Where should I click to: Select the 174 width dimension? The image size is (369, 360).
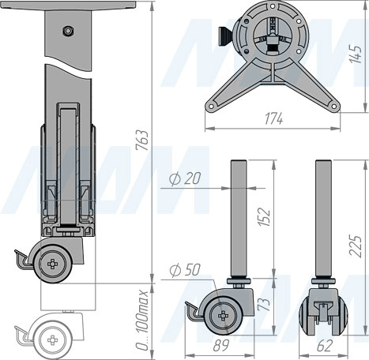(x=273, y=118)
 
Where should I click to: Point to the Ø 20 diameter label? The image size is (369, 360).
(x=185, y=179)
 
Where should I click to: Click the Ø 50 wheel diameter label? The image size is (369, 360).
(x=185, y=270)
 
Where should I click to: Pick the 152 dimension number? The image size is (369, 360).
(x=264, y=217)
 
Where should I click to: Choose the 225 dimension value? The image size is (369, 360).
(x=356, y=246)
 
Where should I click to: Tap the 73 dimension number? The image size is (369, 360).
(x=264, y=304)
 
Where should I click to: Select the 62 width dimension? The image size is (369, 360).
(x=324, y=345)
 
